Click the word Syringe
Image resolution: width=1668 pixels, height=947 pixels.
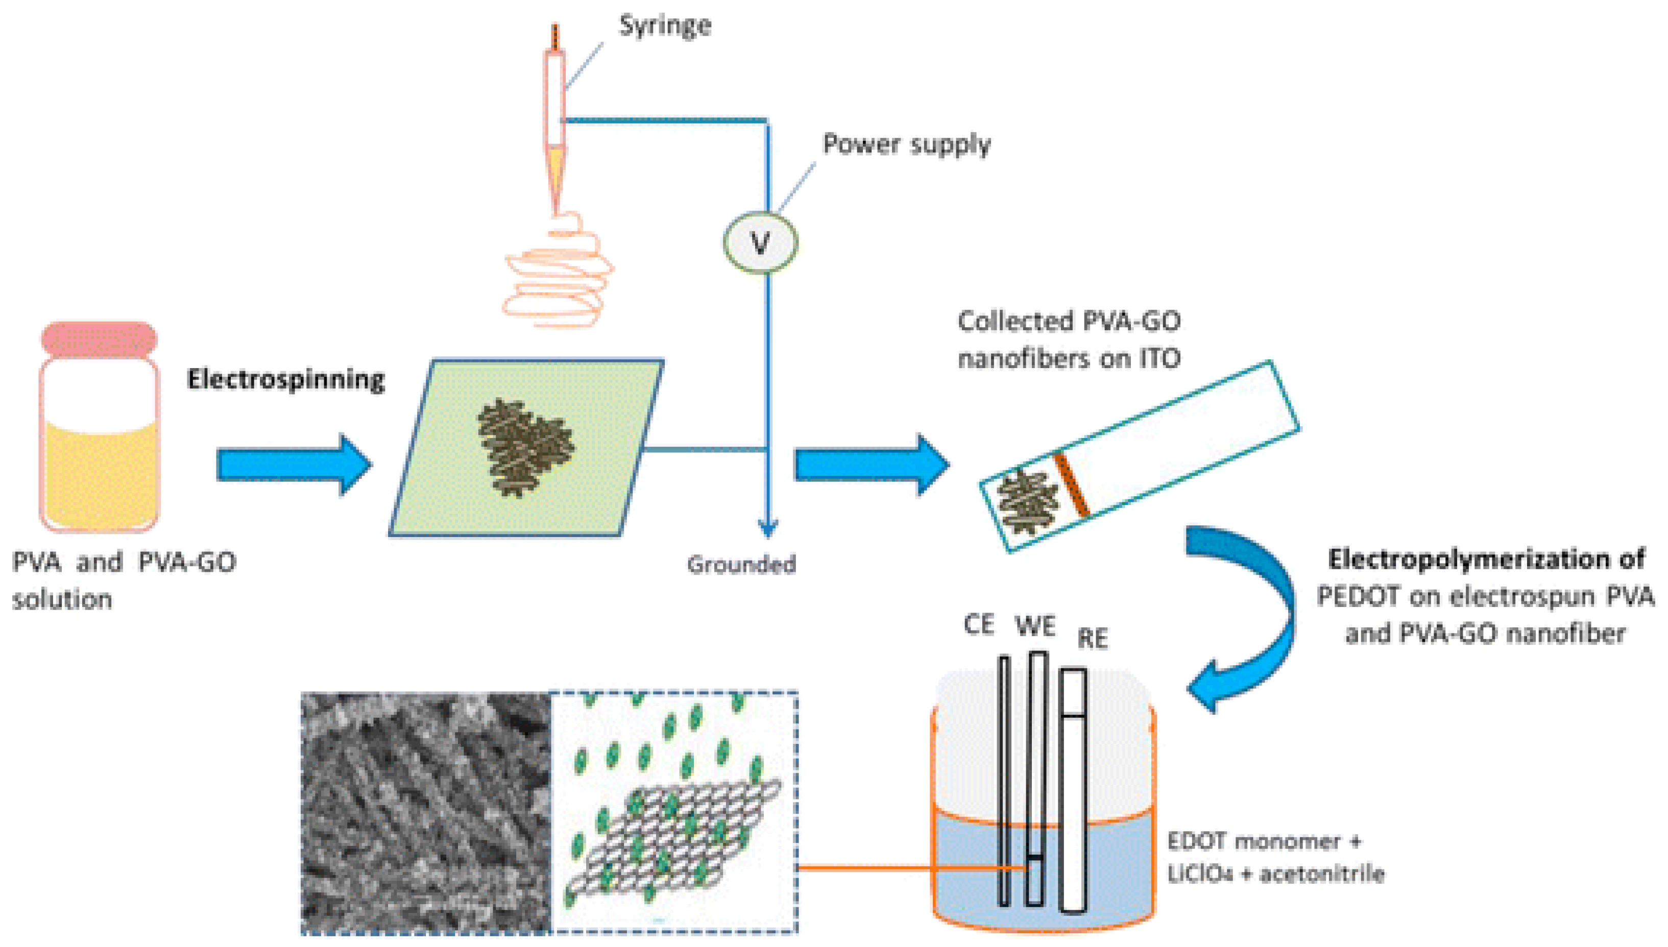(665, 26)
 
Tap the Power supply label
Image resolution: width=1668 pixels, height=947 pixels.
(907, 144)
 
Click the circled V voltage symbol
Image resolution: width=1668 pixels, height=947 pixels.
(760, 242)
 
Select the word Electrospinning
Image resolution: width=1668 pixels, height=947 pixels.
(286, 380)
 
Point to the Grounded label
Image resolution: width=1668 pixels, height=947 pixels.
(741, 565)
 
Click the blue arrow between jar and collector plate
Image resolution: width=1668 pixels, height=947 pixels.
(293, 466)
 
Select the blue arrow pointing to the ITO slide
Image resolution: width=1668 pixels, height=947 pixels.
(872, 466)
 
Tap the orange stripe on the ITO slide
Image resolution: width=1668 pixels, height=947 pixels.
(1071, 485)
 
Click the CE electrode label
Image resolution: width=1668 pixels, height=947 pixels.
(979, 624)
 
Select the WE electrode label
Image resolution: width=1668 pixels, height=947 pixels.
(1035, 626)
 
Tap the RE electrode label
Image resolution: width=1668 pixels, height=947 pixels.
(1092, 639)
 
